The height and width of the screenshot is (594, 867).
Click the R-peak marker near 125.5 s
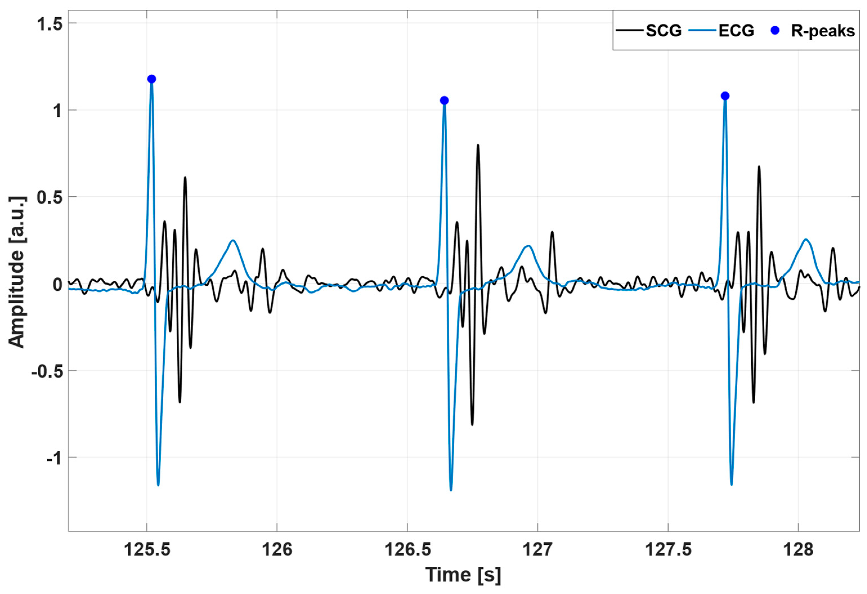[x=151, y=79]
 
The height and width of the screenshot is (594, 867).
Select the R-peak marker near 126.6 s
[x=444, y=101]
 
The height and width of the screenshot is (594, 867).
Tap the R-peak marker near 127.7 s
[x=725, y=96]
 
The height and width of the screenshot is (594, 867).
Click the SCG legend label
[x=664, y=31]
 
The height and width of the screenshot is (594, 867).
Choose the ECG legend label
[x=736, y=31]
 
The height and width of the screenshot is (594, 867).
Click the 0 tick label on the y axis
[x=57, y=285]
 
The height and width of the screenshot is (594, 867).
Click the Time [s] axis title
[x=463, y=575]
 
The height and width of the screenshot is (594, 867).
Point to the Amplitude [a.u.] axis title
[x=16, y=272]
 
